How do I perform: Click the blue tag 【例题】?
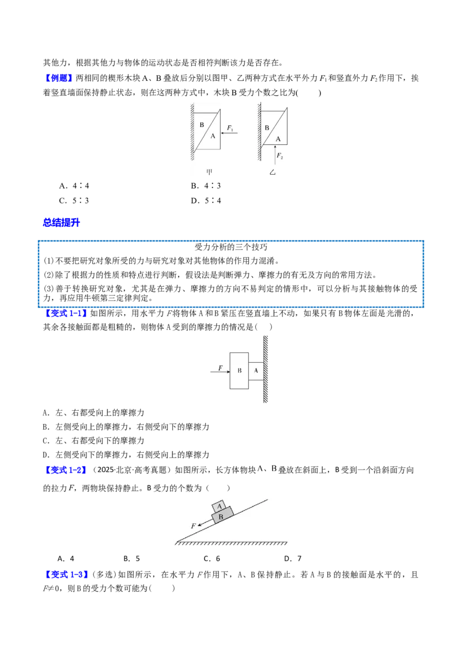[x=58, y=78]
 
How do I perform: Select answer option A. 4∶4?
[x=74, y=186]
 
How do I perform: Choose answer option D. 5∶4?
[x=206, y=201]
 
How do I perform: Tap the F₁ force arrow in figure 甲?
[x=229, y=133]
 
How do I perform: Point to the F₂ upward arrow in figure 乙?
[x=275, y=154]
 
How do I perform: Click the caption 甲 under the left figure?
[x=209, y=172]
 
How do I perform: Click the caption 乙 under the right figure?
[x=273, y=172]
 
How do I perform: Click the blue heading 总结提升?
[x=62, y=223]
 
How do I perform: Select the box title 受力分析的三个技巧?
[x=231, y=247]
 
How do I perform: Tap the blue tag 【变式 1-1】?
[x=66, y=314]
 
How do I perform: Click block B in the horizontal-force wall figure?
[x=239, y=371]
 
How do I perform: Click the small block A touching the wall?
[x=256, y=371]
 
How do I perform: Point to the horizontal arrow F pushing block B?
[x=220, y=371]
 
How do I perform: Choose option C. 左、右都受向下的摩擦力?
[x=93, y=441]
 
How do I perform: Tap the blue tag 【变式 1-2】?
[x=66, y=470]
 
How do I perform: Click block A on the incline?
[x=220, y=506]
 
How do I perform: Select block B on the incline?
[x=222, y=516]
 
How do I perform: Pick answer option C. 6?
[x=212, y=558]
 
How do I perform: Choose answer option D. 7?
[x=293, y=558]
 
